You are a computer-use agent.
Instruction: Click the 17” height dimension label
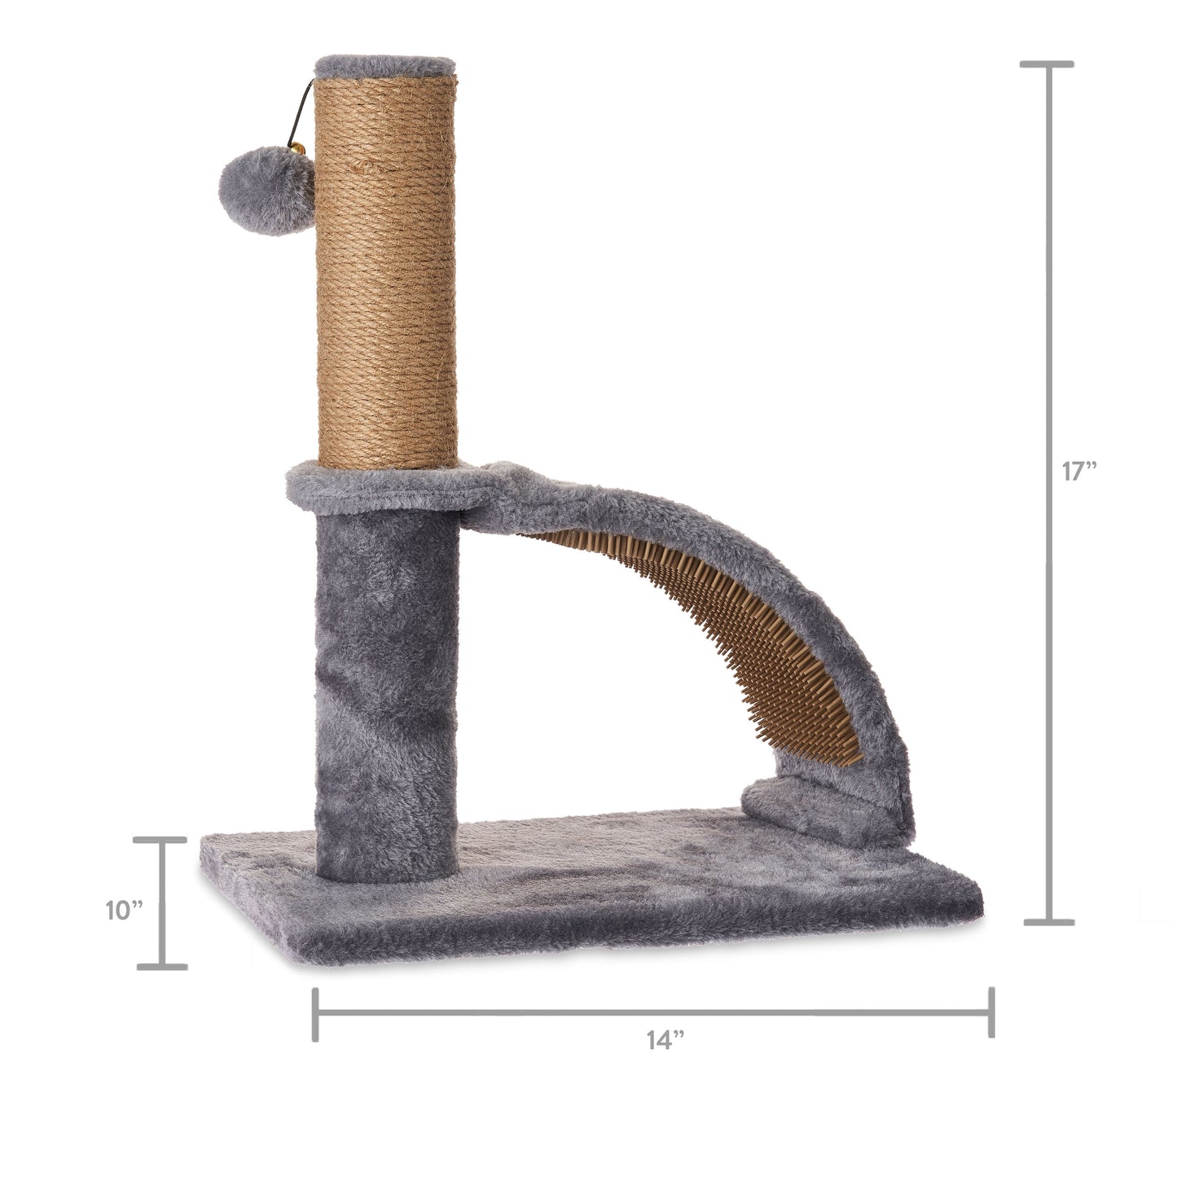pos(1080,472)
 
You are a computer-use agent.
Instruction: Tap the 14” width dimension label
pos(665,1040)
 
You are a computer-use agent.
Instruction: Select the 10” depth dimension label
pos(125,910)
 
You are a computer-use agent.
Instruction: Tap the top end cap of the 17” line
pos(1047,64)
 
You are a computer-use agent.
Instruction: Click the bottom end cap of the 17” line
pos(1047,922)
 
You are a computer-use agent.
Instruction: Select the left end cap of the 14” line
pos(315,1013)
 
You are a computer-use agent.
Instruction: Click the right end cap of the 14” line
pos(990,1013)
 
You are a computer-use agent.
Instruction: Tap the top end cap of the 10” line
pos(161,841)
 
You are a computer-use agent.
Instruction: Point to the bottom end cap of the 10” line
pos(161,967)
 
